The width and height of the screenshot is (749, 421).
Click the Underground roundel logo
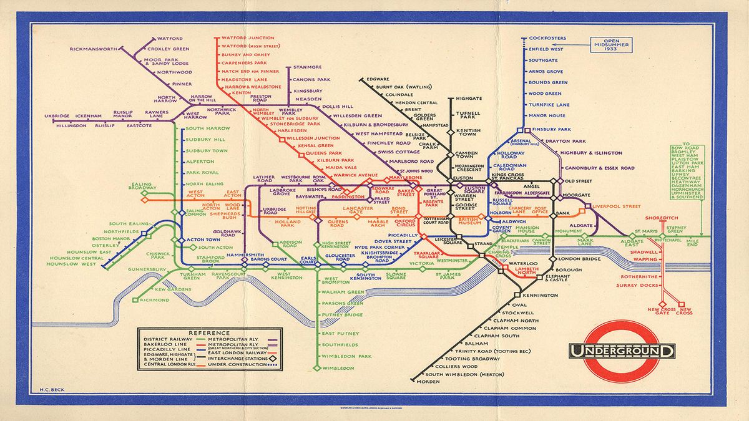621,351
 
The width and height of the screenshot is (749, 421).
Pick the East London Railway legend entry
240,353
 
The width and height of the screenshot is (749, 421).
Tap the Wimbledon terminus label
340,369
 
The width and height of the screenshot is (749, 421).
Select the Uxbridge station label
56,116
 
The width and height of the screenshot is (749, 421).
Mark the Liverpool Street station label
618,206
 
